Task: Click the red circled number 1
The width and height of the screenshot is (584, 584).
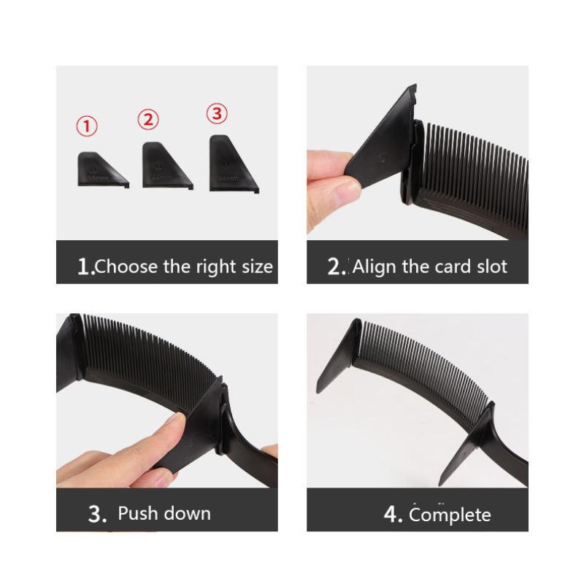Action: [87, 126]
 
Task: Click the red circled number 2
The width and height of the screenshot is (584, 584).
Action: [148, 118]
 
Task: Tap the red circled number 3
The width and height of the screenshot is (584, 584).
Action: [217, 113]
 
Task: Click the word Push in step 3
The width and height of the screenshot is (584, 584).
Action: [137, 513]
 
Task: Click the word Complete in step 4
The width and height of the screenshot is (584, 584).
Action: [450, 515]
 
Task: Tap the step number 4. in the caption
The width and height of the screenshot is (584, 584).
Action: [393, 515]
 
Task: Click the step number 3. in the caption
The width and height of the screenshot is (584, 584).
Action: [97, 513]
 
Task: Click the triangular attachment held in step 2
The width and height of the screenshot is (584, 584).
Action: [383, 146]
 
